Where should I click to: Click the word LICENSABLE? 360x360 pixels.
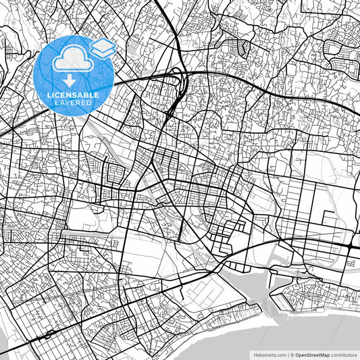pos(73,95)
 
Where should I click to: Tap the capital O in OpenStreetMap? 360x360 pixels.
pos(297,354)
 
